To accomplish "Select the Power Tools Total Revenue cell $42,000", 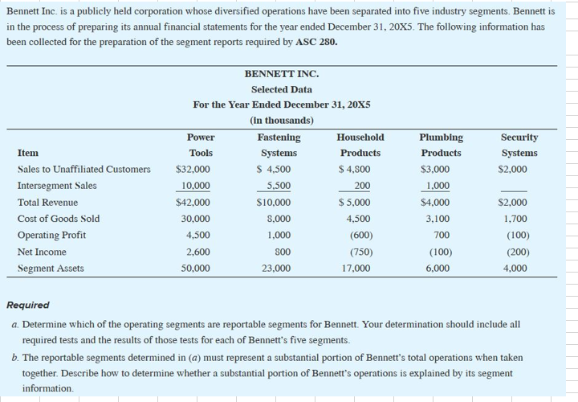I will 193,203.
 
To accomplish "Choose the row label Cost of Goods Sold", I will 59,219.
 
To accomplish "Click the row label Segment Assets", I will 51,269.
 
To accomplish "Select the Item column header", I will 28,153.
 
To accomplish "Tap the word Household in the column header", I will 361,137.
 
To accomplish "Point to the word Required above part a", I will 27,306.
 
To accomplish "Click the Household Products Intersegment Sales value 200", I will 363,186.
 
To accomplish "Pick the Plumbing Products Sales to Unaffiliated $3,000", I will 435,169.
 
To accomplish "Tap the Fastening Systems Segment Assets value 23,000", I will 275,269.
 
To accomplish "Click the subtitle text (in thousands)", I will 281,121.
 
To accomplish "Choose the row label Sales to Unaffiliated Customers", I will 83,169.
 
